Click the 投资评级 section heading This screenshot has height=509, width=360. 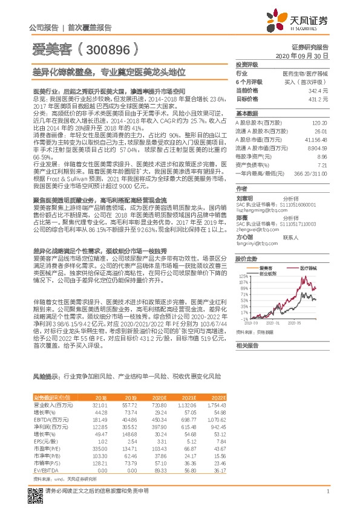(247, 63)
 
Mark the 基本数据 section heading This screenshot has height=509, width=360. (247, 113)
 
